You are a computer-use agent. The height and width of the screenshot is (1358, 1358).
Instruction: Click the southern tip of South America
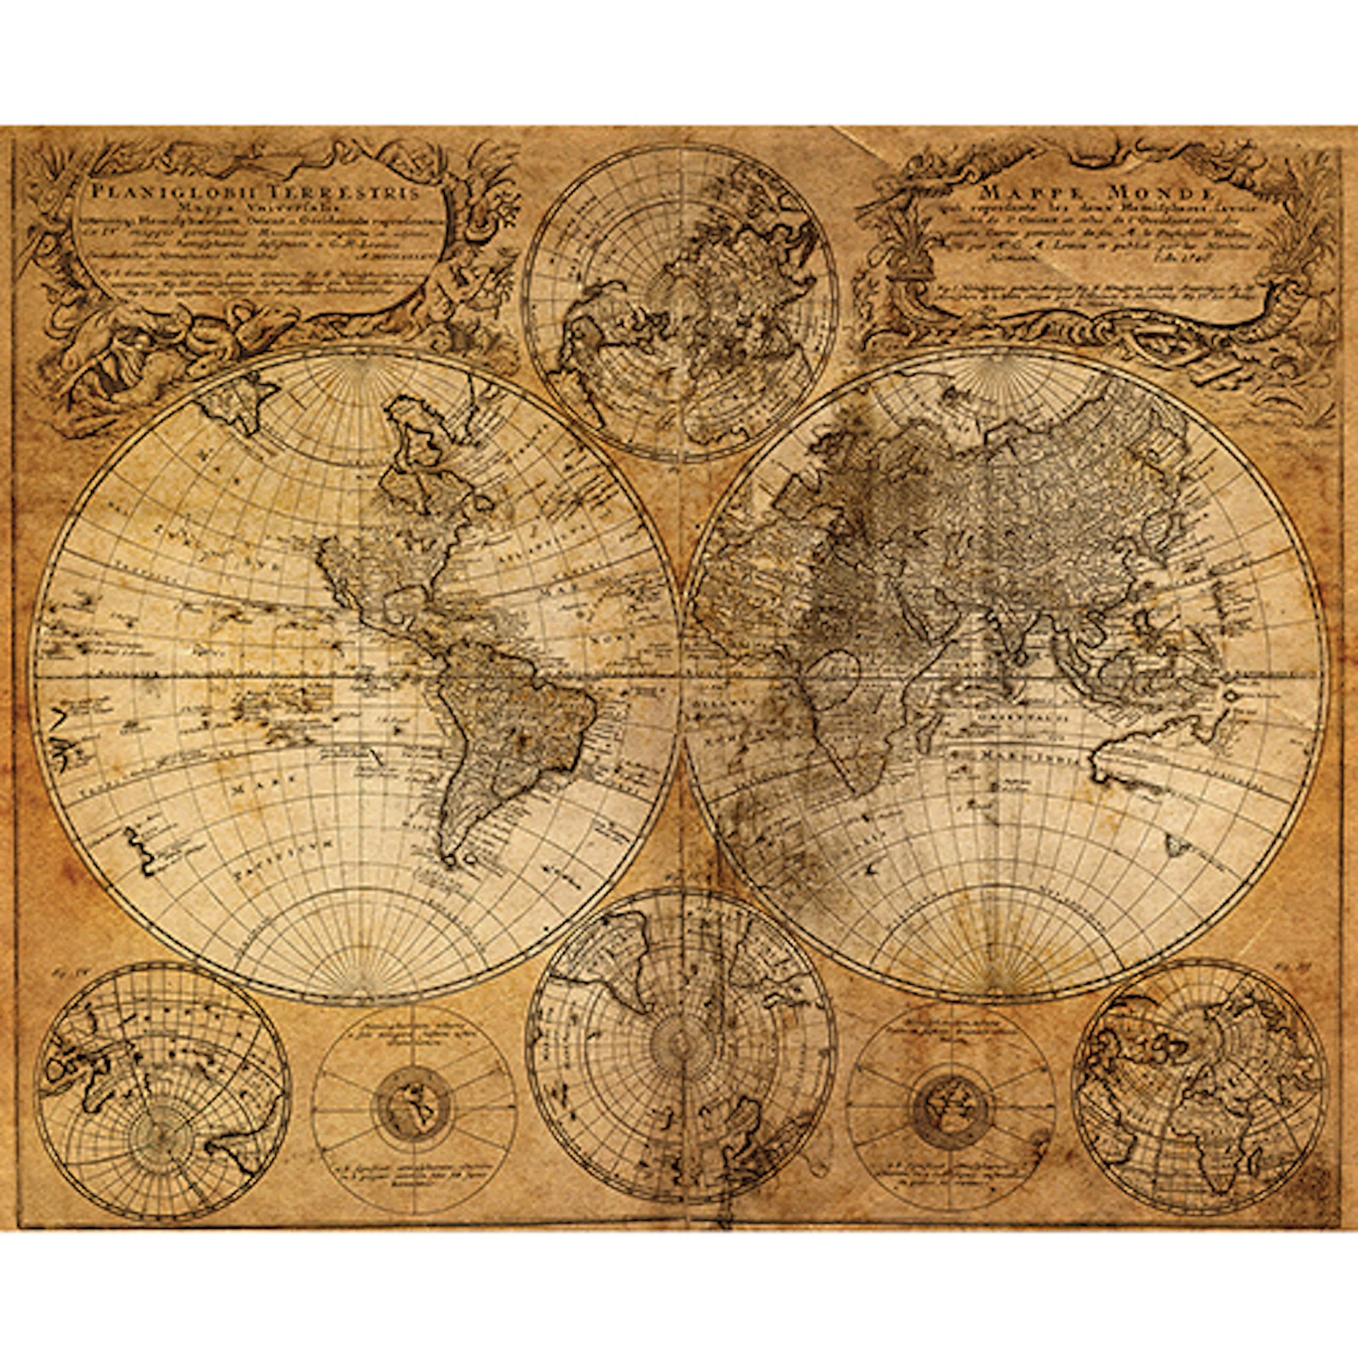(450, 858)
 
